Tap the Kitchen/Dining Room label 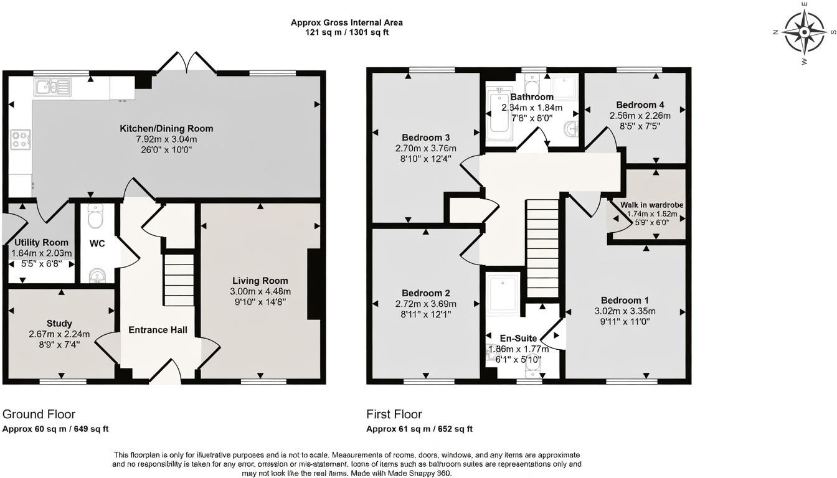coord(166,129)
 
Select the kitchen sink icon coord(52,87)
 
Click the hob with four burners coord(20,139)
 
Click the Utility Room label coord(42,243)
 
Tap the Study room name coord(59,323)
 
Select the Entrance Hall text coord(158,330)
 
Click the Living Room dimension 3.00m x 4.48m coord(260,291)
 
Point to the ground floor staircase coord(179,278)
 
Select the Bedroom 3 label coord(426,138)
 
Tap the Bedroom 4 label coord(640,105)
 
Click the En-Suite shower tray coord(503,293)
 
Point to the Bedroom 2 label coord(426,293)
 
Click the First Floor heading coord(394,415)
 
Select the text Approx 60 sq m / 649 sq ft coord(55,429)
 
